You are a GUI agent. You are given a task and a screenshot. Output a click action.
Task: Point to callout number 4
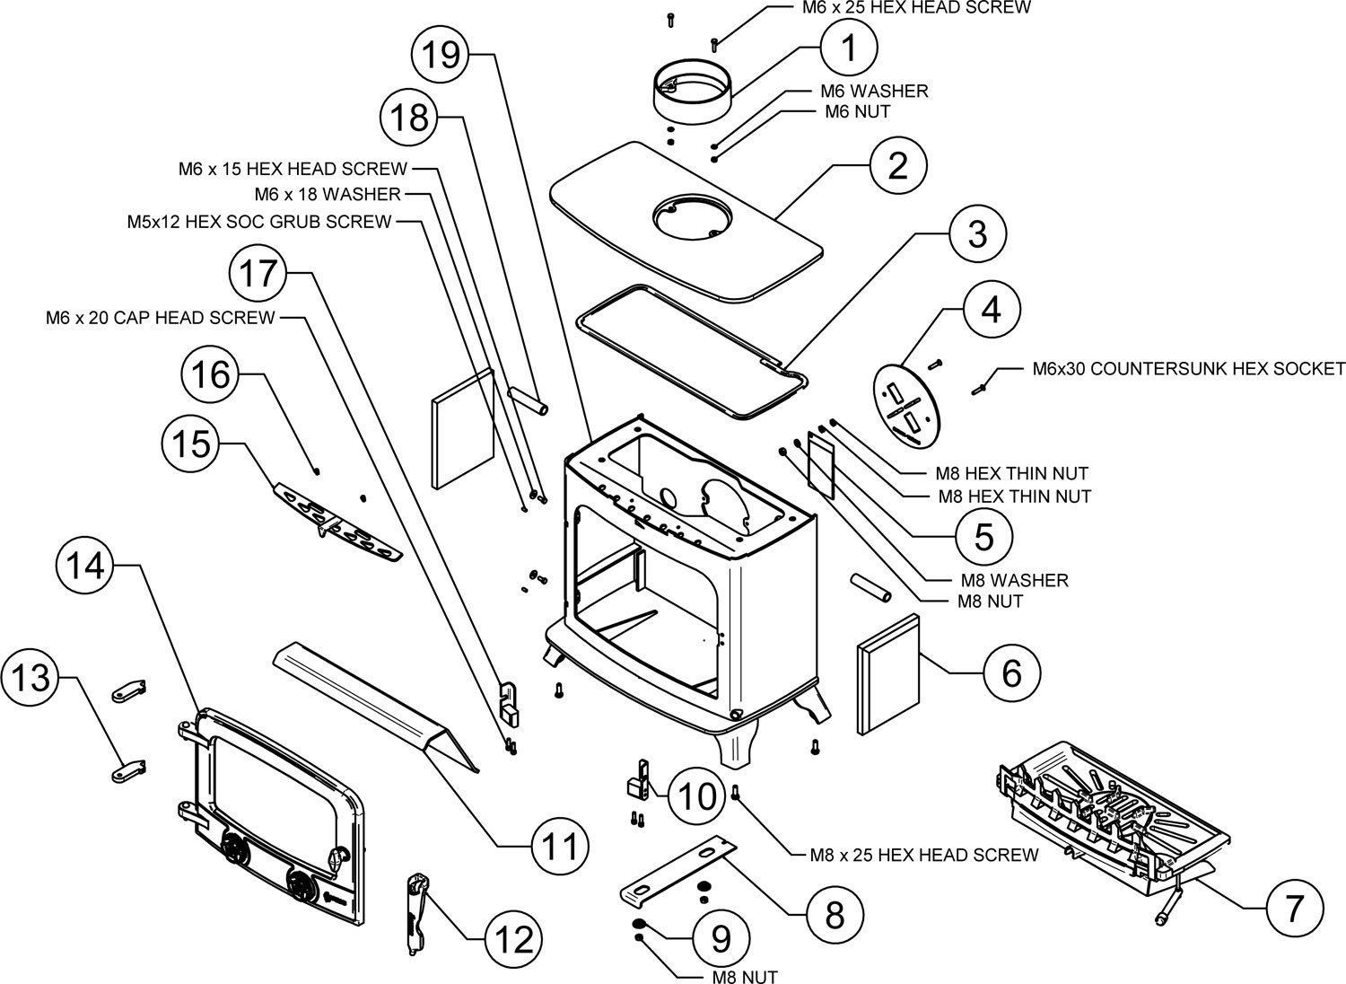coord(991,310)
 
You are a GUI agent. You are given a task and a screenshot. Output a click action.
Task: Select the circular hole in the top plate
coord(688,215)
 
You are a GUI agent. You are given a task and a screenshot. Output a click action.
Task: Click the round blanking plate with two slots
coord(906,403)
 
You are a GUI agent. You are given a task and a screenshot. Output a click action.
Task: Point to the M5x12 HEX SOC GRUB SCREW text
coord(259,221)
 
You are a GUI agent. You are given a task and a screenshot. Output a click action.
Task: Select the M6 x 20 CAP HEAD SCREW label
coord(161,318)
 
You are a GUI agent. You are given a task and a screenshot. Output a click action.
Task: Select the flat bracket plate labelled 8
coord(677,872)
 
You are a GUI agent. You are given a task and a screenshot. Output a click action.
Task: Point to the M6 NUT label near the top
coord(857,112)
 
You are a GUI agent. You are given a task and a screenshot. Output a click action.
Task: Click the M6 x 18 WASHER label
coord(328,194)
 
